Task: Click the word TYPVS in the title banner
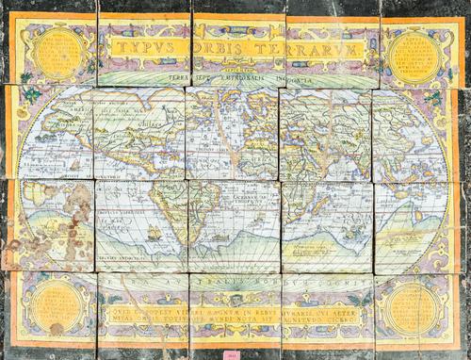pyautogui.click(x=139, y=45)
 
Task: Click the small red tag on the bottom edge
pyautogui.click(x=230, y=354)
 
